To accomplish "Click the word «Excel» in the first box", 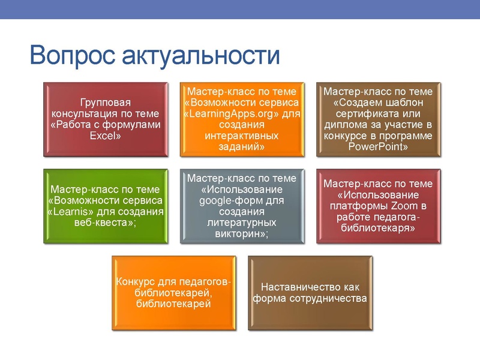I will (106, 136).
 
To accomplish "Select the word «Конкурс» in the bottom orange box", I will (136, 282).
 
